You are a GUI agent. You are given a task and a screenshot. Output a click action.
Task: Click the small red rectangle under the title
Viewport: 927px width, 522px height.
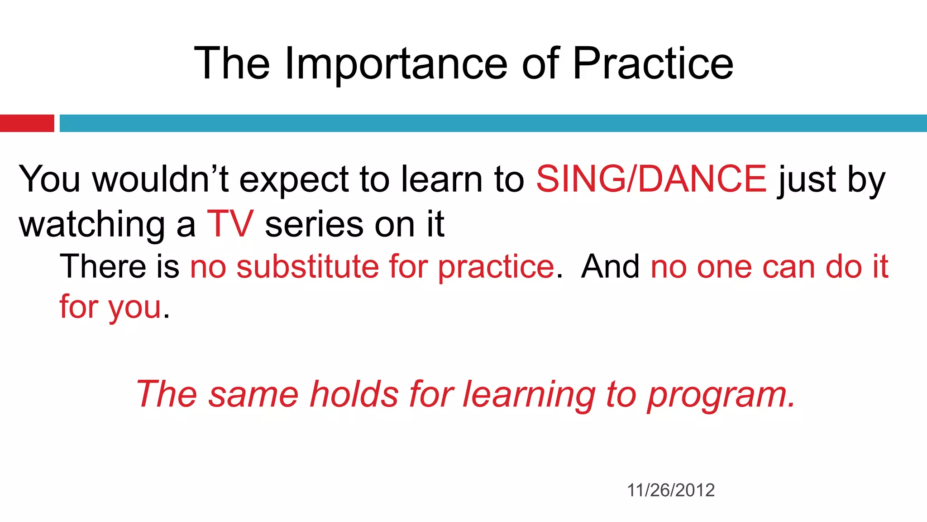(x=27, y=123)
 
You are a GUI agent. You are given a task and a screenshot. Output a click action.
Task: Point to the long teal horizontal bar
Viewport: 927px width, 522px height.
(x=492, y=123)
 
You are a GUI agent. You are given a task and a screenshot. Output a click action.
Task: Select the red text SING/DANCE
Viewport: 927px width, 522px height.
(x=651, y=179)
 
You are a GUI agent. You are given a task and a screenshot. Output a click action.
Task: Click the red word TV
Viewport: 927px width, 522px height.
(x=230, y=224)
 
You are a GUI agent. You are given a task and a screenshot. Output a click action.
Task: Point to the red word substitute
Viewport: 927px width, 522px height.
(x=308, y=266)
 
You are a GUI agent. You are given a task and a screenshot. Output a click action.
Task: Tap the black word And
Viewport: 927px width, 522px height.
(x=610, y=266)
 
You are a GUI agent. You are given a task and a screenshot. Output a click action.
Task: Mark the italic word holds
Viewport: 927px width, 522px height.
(x=354, y=394)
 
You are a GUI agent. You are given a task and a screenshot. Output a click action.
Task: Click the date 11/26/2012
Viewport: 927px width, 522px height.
(x=671, y=490)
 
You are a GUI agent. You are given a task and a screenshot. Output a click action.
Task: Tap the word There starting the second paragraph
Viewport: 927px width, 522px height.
(x=103, y=266)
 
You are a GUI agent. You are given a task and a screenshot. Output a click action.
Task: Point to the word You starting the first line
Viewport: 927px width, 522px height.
(x=49, y=179)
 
